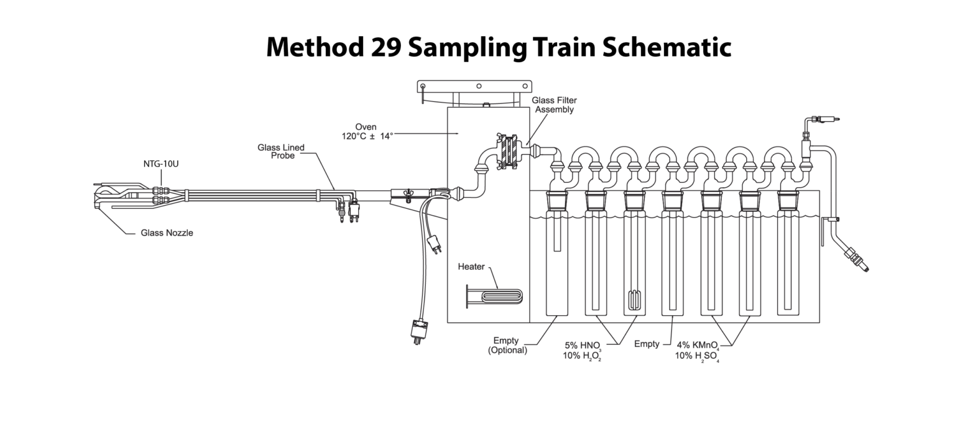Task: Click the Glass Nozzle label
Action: point(166,233)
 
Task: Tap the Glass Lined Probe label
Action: point(281,151)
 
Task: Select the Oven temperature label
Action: point(366,131)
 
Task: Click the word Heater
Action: point(471,267)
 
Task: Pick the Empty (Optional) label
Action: point(506,346)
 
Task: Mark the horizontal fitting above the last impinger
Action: point(823,119)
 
